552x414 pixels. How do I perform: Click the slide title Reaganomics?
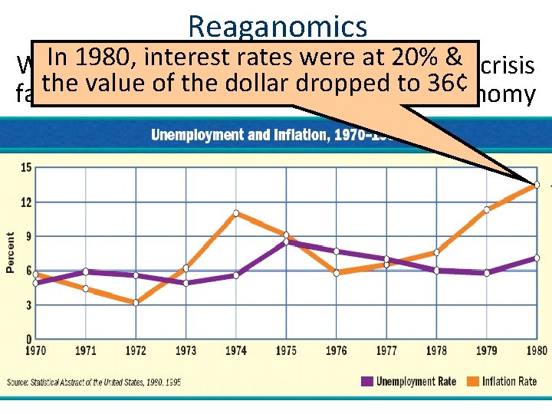[x=277, y=26]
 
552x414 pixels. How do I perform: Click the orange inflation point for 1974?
[x=236, y=213]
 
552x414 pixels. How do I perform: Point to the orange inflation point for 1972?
[x=136, y=303]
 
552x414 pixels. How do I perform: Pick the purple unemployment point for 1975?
[x=286, y=242]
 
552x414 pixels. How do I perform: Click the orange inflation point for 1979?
[x=486, y=209]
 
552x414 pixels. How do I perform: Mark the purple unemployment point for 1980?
[x=537, y=258]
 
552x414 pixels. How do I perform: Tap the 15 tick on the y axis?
[x=26, y=168]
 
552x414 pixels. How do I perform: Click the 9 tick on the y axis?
[x=28, y=236]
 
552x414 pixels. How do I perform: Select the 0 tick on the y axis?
[x=28, y=339]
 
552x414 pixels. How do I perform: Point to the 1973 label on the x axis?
[x=186, y=351]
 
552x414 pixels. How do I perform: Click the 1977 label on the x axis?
[x=386, y=351]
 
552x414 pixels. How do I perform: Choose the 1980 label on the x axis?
[x=536, y=351]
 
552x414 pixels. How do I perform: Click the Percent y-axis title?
[x=11, y=253]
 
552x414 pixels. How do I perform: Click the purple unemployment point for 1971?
[x=86, y=271]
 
